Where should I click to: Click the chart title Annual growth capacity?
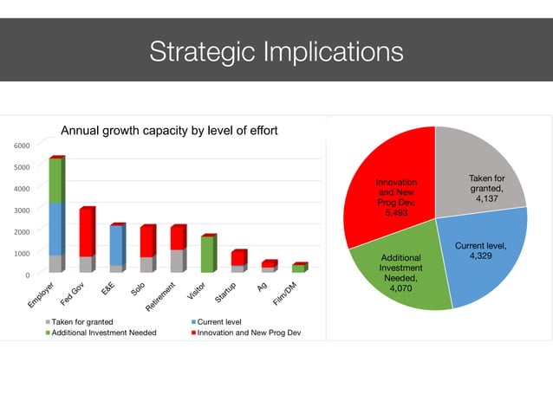coord(168,132)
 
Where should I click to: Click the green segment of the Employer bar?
coord(55,180)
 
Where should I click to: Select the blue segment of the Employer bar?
coord(55,229)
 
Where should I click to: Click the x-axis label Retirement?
coord(161,295)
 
